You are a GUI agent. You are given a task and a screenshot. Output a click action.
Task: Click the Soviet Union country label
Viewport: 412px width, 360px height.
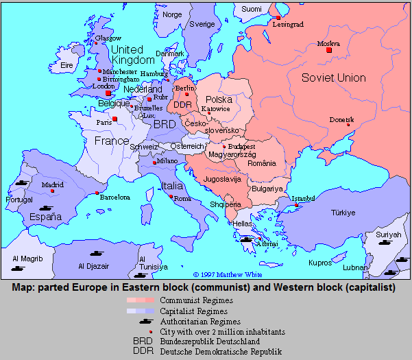coord(334,77)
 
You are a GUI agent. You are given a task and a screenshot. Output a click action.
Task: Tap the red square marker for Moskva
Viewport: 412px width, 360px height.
coord(329,50)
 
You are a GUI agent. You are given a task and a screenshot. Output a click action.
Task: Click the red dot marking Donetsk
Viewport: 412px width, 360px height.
coord(349,125)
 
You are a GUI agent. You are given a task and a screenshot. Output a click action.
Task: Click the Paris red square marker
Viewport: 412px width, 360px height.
coord(114,119)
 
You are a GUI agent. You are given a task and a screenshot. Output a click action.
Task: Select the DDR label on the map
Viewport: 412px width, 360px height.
coord(182,104)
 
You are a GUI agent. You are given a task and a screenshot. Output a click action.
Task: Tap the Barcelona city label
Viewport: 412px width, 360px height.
coord(114,197)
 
